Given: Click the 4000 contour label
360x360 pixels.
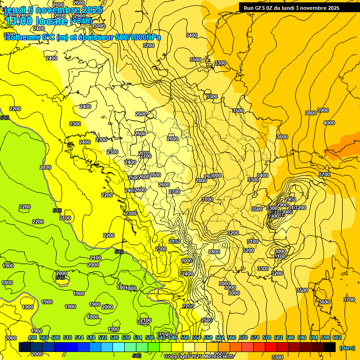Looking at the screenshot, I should pos(329,123).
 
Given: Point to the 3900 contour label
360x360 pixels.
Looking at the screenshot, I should pos(323,110).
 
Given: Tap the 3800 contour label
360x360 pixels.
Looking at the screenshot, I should pos(310,113).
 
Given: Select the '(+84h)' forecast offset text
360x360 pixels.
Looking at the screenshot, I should pos(81,21).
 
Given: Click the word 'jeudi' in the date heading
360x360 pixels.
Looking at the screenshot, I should pos(14,9).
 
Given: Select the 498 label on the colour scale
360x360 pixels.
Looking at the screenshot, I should pos(32,337).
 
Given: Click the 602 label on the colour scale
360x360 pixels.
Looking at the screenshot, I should pos(337,337).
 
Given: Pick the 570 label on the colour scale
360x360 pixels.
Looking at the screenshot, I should pos(243,337).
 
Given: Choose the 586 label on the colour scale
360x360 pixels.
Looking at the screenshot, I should pos(290,337).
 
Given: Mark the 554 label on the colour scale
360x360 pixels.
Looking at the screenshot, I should pos(196,337).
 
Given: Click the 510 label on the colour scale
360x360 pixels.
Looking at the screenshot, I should pos(67,337).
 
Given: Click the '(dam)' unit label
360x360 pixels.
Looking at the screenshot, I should pos(347,347).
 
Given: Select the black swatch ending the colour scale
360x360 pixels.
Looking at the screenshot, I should pos(330,347).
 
